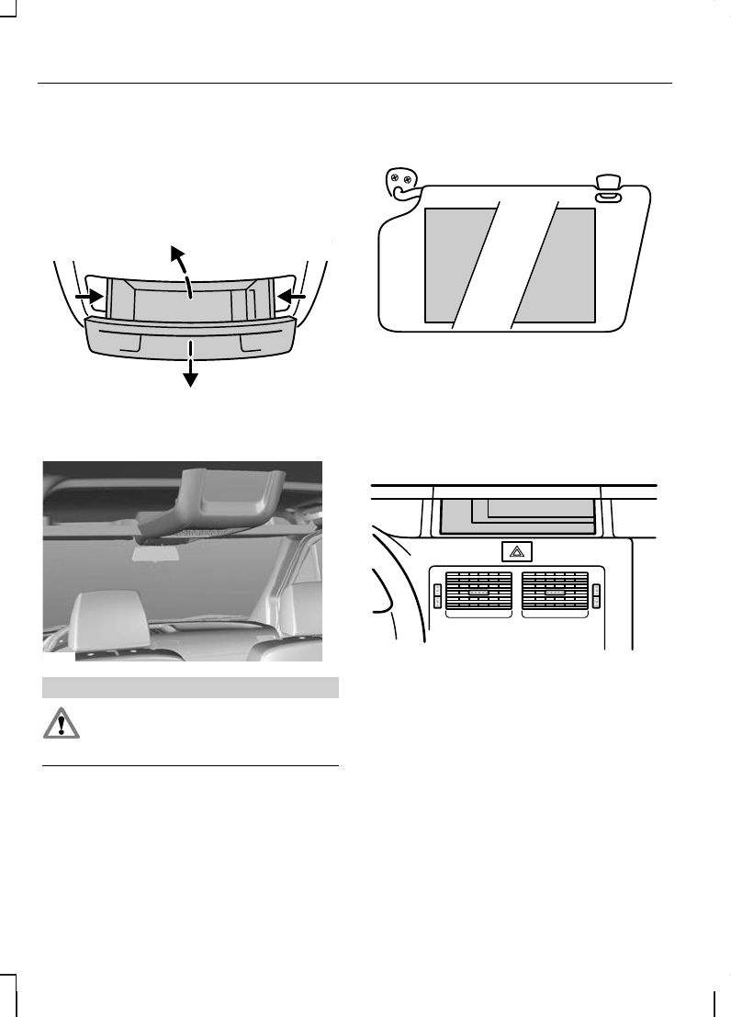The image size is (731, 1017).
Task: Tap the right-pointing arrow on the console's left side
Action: pyautogui.click(x=89, y=297)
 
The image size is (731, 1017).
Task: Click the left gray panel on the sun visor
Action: pyautogui.click(x=456, y=265)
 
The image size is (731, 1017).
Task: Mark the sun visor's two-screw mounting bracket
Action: pyautogui.click(x=399, y=183)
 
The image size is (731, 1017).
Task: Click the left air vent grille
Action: pyautogui.click(x=477, y=594)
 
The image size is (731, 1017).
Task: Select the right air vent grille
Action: pyautogui.click(x=554, y=594)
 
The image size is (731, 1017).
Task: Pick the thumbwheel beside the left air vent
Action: pyautogui.click(x=436, y=595)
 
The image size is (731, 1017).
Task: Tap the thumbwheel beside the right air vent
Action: pyautogui.click(x=595, y=595)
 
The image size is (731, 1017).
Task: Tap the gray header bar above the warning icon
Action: pyautogui.click(x=191, y=687)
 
